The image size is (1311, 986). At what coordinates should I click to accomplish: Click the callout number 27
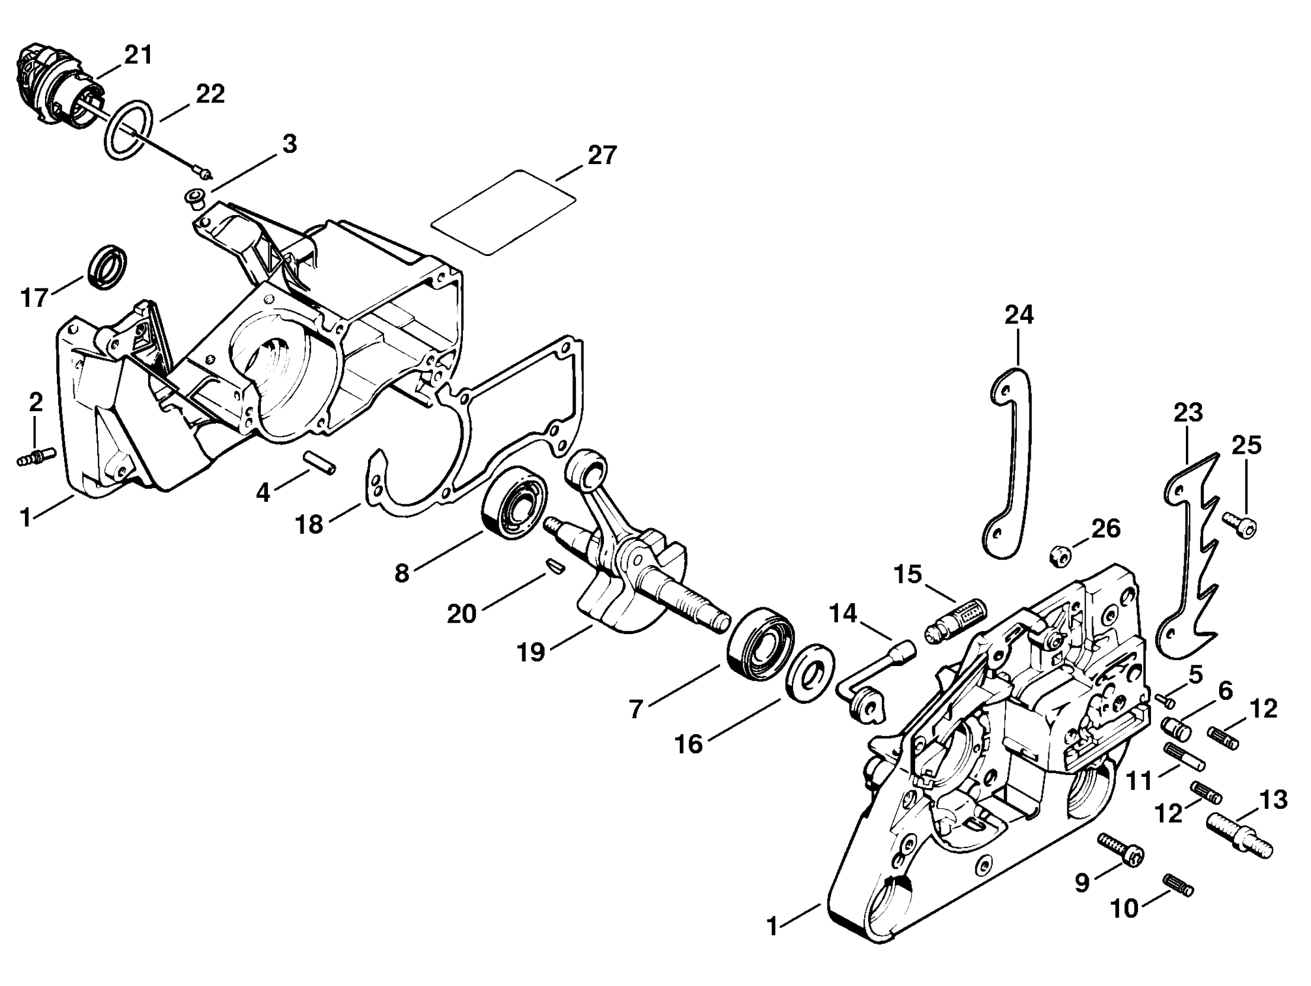(x=602, y=155)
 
